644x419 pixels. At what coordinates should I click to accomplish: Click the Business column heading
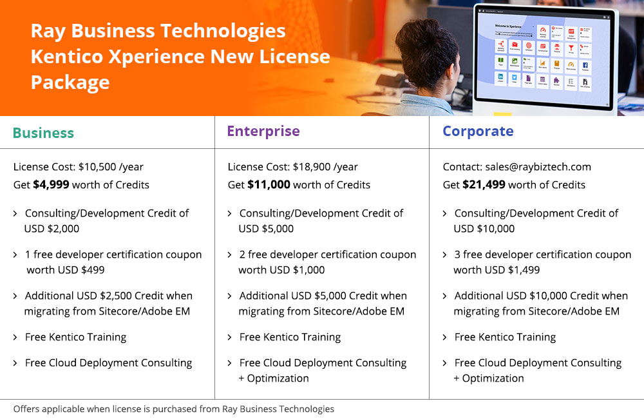[43, 133]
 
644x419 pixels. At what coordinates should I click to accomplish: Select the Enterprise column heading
[263, 132]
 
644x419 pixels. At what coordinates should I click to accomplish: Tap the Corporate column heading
[478, 132]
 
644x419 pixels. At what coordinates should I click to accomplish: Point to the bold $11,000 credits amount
[269, 185]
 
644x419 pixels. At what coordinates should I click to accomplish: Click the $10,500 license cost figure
[97, 167]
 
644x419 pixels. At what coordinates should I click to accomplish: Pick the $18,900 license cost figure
[312, 167]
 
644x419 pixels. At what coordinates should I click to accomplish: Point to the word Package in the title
[70, 83]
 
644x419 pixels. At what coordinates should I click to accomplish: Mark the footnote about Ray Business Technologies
[174, 409]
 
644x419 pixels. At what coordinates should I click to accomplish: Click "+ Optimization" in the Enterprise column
[273, 378]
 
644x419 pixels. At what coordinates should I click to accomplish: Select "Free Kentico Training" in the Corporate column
[505, 337]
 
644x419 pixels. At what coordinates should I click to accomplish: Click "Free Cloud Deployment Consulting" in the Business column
[108, 363]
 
